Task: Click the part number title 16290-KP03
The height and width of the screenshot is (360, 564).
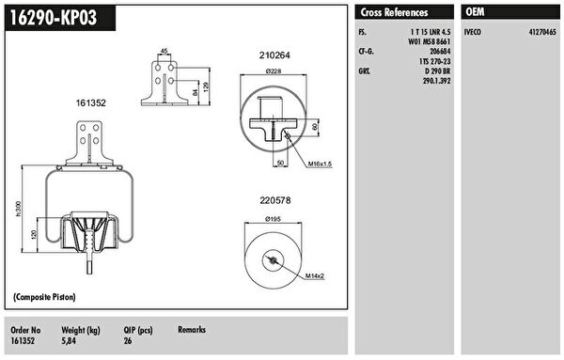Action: coord(54,17)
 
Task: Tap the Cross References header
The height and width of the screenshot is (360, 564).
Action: coord(394,12)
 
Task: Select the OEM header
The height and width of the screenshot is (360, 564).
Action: coord(475,12)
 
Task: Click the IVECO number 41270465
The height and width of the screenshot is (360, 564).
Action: coord(542,32)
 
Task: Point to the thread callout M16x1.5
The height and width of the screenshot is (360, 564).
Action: coord(320,164)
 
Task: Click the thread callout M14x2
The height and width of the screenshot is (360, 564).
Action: coord(315,276)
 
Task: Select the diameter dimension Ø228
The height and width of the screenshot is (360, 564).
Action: coord(274,71)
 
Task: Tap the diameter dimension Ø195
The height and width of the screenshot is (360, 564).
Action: coord(273,219)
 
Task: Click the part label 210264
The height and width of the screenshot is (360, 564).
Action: coord(274,55)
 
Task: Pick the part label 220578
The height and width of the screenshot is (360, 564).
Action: coord(275,200)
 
